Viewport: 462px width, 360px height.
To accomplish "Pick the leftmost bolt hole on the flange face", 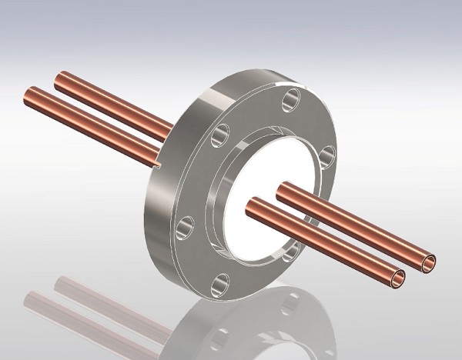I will (185, 226).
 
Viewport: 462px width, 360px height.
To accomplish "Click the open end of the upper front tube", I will (427, 262).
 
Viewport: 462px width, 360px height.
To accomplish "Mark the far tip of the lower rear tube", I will (33, 93).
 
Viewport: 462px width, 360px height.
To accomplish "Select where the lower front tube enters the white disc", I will (253, 205).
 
